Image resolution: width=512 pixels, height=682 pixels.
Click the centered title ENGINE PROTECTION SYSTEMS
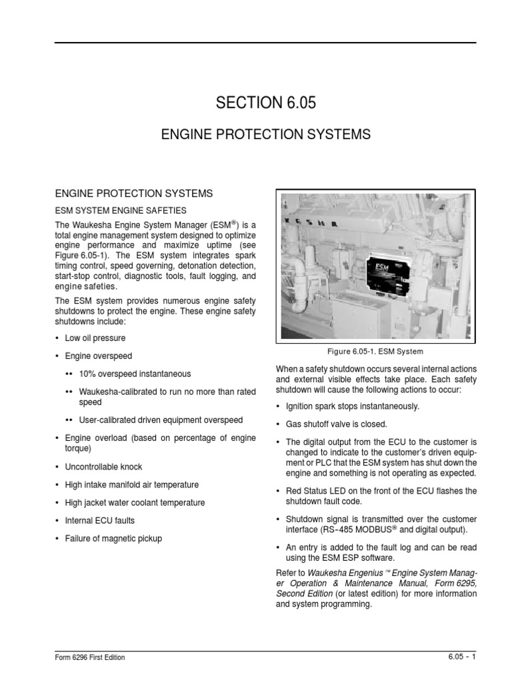[x=265, y=135]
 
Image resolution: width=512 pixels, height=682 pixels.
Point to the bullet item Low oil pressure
[x=95, y=338]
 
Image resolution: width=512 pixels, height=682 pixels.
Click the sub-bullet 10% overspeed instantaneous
[x=134, y=374]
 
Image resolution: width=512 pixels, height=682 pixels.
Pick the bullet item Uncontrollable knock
[x=103, y=467]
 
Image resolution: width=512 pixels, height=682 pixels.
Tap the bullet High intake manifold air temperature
[x=131, y=485]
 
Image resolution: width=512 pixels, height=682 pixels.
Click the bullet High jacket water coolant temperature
[x=135, y=503]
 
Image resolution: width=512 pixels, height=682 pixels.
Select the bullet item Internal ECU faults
[x=100, y=520]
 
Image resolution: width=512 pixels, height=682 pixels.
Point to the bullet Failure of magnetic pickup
[x=113, y=538]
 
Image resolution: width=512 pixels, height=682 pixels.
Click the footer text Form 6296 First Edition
[x=89, y=657]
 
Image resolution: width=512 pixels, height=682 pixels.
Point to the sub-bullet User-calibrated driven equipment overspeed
[x=160, y=420]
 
